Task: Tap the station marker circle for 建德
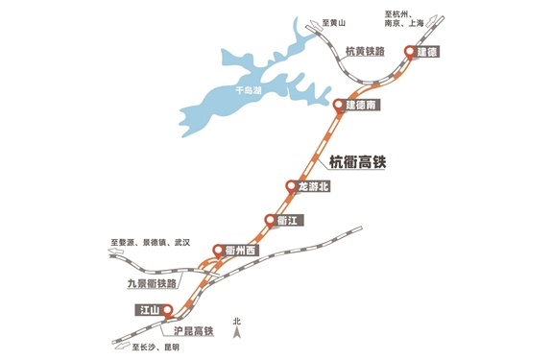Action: click(410, 52)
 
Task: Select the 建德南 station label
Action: click(362, 105)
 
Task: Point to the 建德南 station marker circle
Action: click(339, 105)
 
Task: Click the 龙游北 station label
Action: click(313, 186)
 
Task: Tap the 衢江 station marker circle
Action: click(269, 221)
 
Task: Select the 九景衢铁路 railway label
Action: click(153, 284)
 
